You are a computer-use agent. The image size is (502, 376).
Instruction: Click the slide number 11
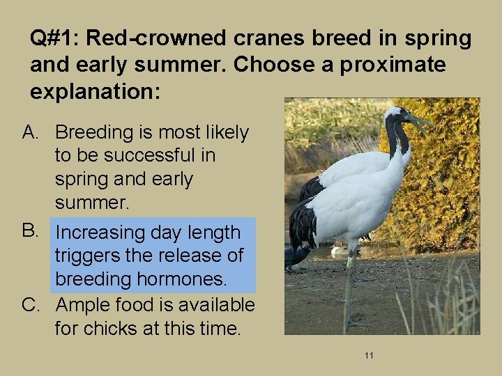[x=369, y=356]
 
